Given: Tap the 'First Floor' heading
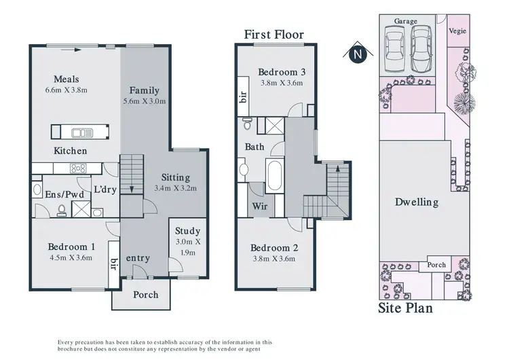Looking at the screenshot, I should (275, 35).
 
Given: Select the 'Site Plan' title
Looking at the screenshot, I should (404, 308).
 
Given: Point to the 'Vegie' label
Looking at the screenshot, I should (457, 31).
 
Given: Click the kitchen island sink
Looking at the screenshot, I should (82, 132).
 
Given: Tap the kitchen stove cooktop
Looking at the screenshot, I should (78, 168).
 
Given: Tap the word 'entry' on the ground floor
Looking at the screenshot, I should (138, 258).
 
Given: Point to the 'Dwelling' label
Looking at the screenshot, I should (416, 202).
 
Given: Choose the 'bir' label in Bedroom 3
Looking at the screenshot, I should (242, 97).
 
